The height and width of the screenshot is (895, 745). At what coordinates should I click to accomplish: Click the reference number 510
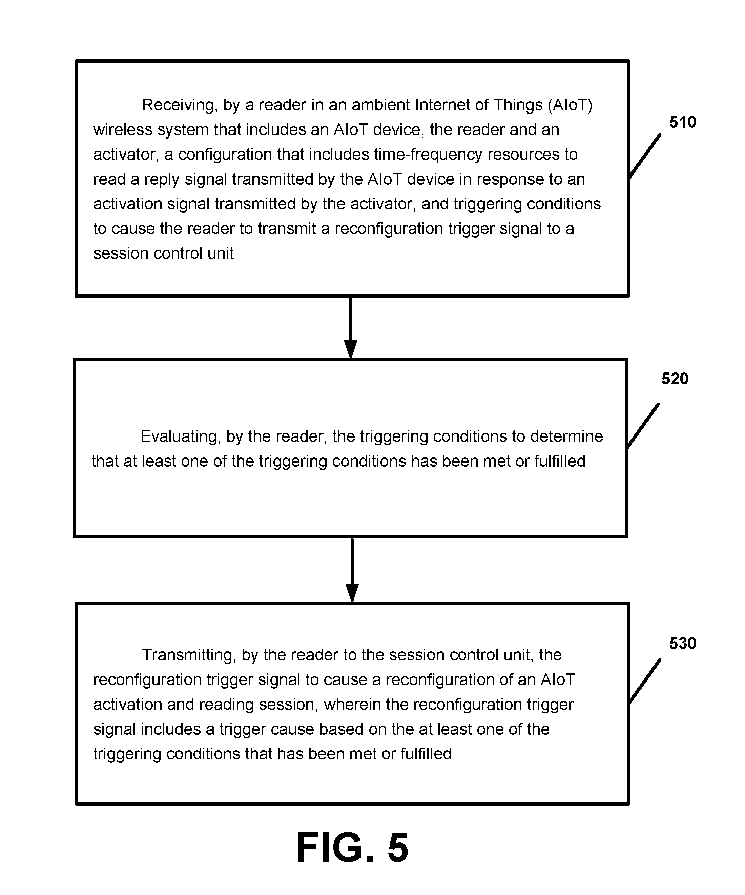tap(682, 122)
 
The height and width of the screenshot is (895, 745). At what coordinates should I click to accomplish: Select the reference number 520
tap(675, 379)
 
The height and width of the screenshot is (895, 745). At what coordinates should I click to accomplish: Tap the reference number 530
tap(682, 643)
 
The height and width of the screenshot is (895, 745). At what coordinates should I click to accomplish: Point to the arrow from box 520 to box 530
tap(352, 570)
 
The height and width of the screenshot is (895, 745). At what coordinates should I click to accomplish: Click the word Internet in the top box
tap(442, 105)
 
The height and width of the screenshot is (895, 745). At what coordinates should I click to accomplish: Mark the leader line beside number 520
tap(643, 426)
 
